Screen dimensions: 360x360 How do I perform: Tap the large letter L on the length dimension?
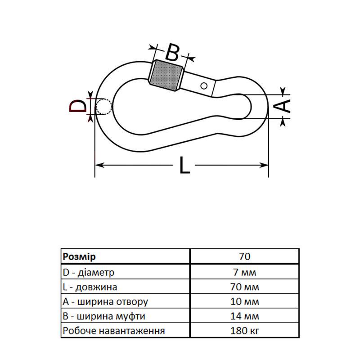point(184,166)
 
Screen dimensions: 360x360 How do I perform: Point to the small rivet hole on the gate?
point(204,85)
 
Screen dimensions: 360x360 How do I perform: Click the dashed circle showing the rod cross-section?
point(104,107)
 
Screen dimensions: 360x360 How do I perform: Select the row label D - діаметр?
point(89,272)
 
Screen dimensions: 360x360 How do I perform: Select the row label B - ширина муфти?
point(104,316)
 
